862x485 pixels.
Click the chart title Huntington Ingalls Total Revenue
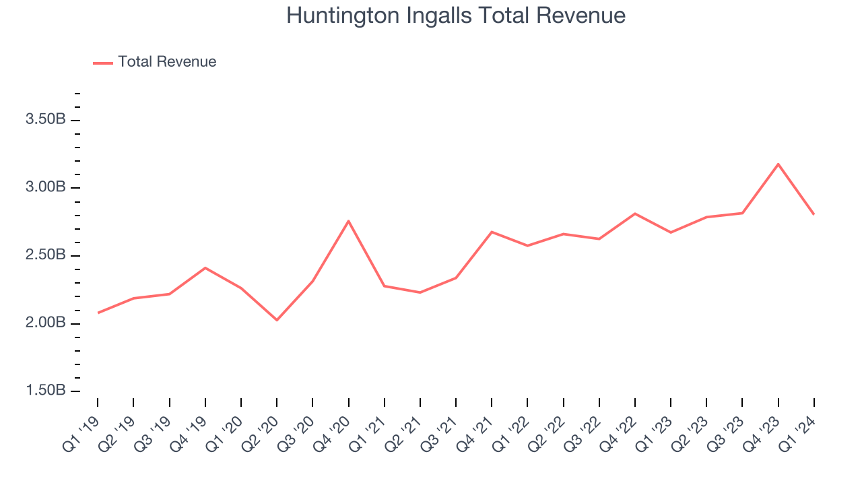(x=456, y=15)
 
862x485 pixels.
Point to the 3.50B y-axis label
(x=46, y=120)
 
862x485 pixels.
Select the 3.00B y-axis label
(x=46, y=187)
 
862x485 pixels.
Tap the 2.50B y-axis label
(x=46, y=255)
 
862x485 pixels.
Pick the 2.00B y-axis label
(x=46, y=323)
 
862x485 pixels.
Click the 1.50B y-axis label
(x=46, y=391)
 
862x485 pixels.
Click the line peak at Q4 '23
(x=778, y=164)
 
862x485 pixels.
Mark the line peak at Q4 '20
(x=349, y=221)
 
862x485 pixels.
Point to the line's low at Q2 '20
(x=277, y=320)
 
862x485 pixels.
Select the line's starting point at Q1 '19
(x=98, y=313)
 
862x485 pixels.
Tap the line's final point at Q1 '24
(x=814, y=214)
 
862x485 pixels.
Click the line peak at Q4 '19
(x=205, y=268)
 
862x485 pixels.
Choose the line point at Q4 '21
(x=492, y=232)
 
